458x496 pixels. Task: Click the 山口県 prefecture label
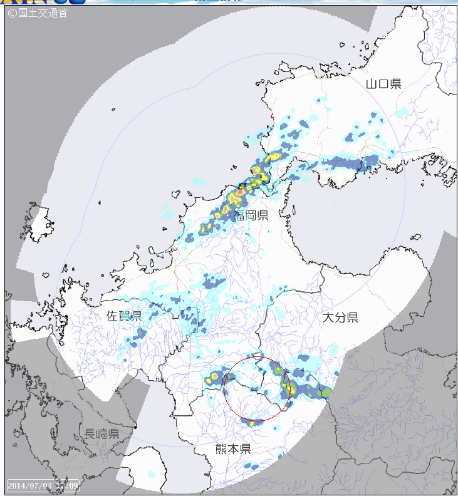383,83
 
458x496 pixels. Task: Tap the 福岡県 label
251,215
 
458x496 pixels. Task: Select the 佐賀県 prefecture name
124,316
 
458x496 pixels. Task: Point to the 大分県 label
340,318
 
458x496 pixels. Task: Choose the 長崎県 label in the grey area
102,434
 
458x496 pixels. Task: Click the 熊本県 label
233,448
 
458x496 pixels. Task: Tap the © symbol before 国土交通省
12,12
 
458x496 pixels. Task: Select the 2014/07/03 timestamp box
43,485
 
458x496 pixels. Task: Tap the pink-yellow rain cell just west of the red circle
215,376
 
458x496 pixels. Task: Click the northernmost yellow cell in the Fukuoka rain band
274,157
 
